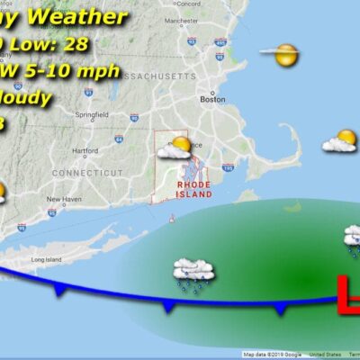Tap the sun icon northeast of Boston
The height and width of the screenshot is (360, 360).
(x=286, y=56)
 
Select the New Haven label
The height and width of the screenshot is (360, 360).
(x=64, y=199)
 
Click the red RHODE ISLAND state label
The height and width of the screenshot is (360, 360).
(x=193, y=188)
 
